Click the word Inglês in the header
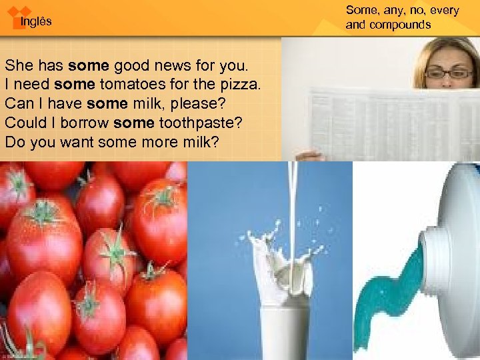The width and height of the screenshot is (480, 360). (x=35, y=22)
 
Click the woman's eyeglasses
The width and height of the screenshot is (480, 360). (x=447, y=74)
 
